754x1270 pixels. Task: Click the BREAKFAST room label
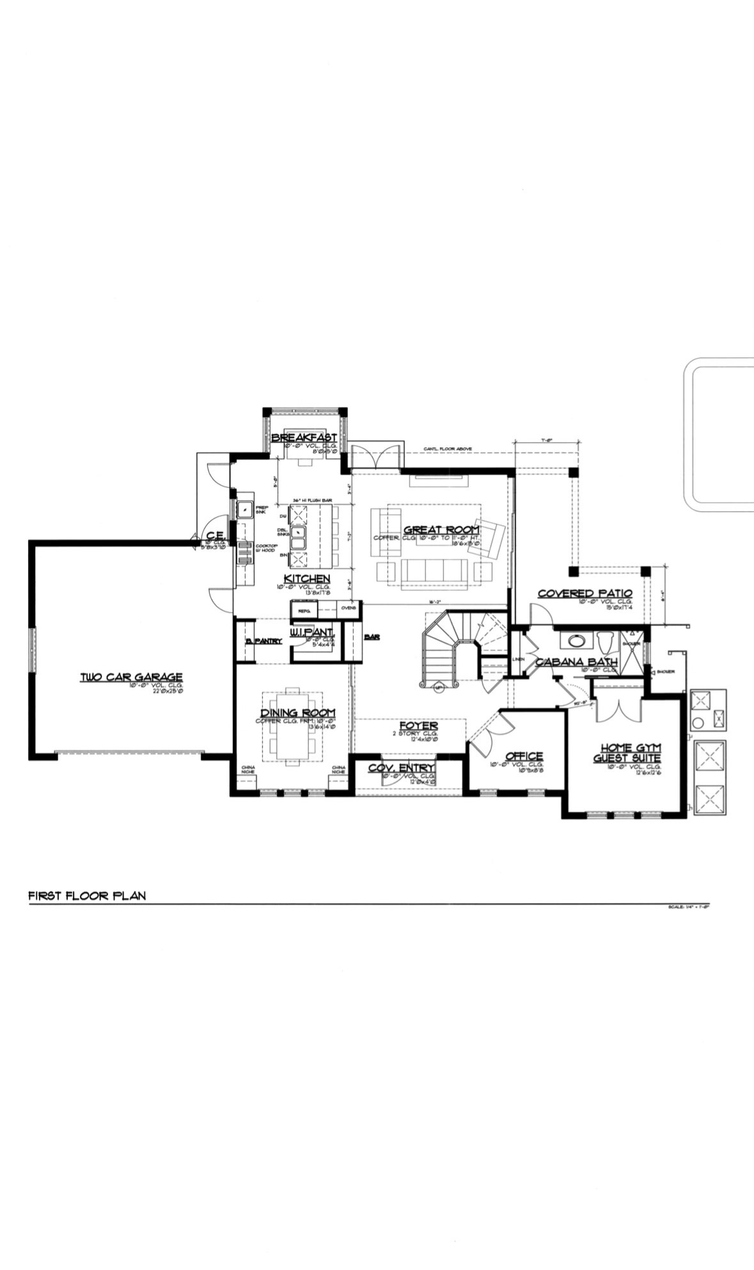pyautogui.click(x=304, y=437)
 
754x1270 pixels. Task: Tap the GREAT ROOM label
pyautogui.click(x=441, y=530)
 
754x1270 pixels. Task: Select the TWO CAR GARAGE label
pyautogui.click(x=132, y=677)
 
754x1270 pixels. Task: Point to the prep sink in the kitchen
pyautogui.click(x=244, y=509)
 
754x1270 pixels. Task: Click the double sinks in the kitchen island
pyautogui.click(x=299, y=537)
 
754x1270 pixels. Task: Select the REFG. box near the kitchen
pyautogui.click(x=304, y=611)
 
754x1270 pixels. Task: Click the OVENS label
pyautogui.click(x=349, y=608)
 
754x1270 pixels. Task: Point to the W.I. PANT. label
pyautogui.click(x=313, y=632)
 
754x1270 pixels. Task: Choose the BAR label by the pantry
pyautogui.click(x=371, y=637)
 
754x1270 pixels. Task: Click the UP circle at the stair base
pyautogui.click(x=438, y=688)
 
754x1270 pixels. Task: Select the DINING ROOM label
pyautogui.click(x=297, y=713)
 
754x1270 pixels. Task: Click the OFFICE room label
pyautogui.click(x=524, y=756)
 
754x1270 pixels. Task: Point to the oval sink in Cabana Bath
pyautogui.click(x=576, y=641)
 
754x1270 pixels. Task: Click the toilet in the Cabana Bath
pyautogui.click(x=606, y=641)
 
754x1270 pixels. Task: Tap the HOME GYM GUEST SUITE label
pyautogui.click(x=630, y=753)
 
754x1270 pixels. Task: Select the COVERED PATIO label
pyautogui.click(x=585, y=594)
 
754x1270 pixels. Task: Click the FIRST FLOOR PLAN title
pyautogui.click(x=87, y=895)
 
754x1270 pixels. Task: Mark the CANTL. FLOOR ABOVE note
pyautogui.click(x=447, y=449)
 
